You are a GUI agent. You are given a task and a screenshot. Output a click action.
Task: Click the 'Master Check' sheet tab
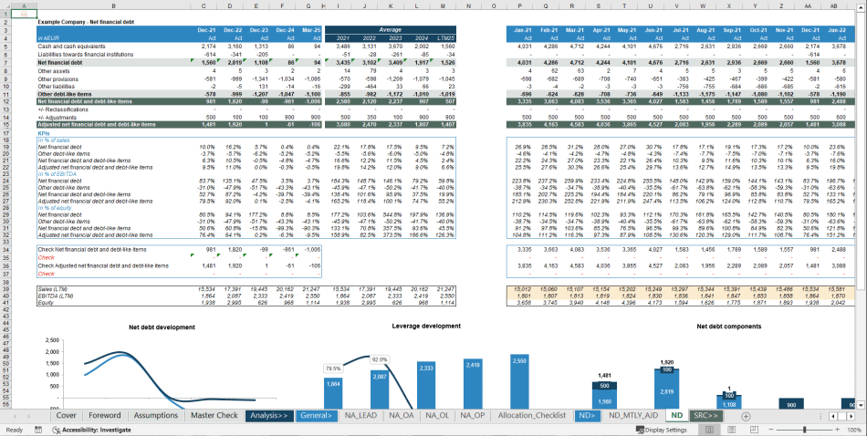(214, 415)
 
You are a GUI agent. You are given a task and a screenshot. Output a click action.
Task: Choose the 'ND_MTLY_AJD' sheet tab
(633, 415)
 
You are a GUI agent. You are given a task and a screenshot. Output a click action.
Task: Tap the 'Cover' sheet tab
(66, 415)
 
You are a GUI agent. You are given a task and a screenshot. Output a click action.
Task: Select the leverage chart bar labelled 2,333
(425, 383)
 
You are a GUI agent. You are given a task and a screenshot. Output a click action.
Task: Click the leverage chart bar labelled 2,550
(518, 379)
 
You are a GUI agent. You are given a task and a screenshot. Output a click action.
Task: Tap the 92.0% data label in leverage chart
(380, 359)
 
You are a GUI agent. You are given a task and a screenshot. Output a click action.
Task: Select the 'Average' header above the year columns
(390, 30)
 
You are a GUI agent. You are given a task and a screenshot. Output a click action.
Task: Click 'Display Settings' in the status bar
(664, 430)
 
